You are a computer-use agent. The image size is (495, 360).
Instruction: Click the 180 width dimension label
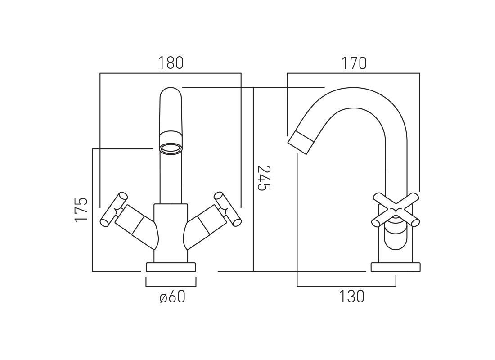tap(171, 63)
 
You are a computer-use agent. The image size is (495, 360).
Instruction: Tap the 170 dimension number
tap(354, 63)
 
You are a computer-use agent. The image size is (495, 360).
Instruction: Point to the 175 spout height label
tap(81, 210)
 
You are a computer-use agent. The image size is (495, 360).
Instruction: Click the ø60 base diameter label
tap(172, 297)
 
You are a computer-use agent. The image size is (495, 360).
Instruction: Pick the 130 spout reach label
tap(352, 297)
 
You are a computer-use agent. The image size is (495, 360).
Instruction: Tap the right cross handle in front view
tap(228, 209)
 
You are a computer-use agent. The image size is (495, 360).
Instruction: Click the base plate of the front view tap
tap(171, 267)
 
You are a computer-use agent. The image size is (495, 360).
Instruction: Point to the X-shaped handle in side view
tap(396, 210)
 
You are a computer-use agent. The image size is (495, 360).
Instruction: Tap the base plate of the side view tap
tap(396, 267)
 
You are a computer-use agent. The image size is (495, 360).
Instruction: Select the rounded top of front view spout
tap(171, 92)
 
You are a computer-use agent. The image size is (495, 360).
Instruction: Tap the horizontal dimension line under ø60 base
tap(171, 286)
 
